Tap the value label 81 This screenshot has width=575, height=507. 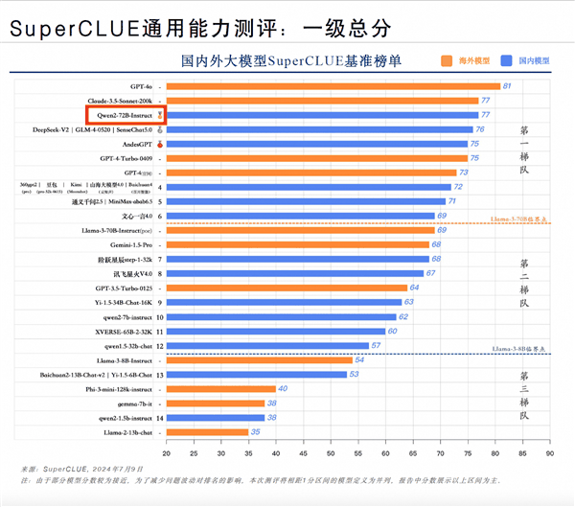coord(508,86)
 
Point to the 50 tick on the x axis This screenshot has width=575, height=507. coord(331,453)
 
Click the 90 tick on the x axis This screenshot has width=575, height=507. coord(549,453)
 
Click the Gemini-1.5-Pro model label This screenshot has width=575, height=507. coord(134,244)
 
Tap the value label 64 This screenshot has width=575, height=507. coord(415,288)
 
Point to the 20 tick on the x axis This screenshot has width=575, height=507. coord(167,453)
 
